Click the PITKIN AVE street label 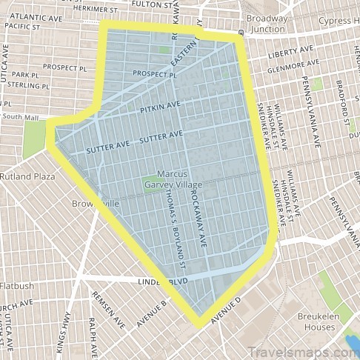(159, 109)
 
